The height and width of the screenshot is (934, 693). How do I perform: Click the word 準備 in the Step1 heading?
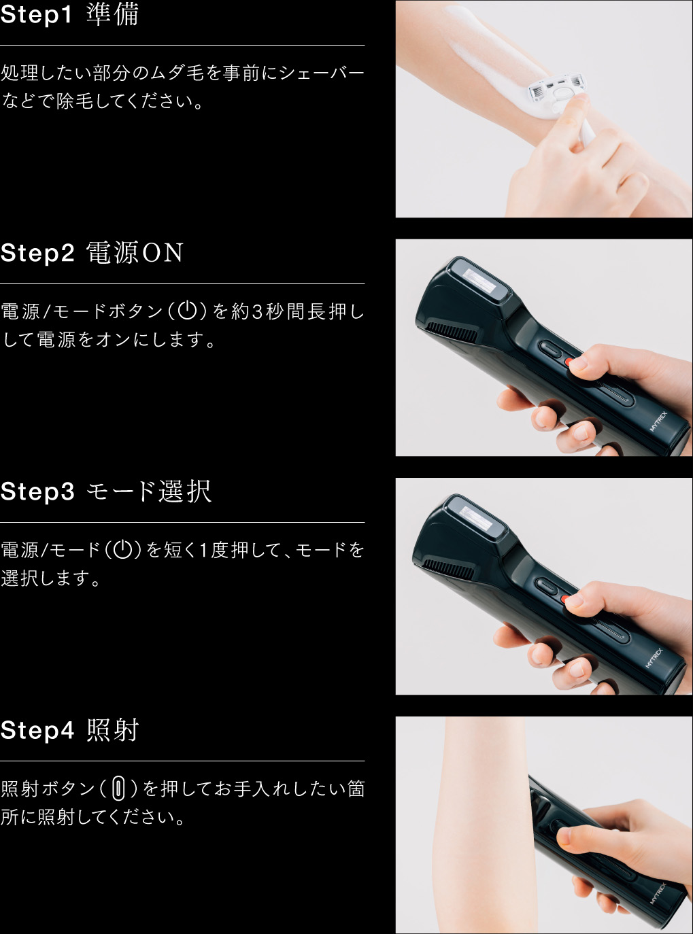tap(112, 14)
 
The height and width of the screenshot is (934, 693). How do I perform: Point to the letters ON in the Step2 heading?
tap(163, 253)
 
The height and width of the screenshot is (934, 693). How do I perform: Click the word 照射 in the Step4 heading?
tap(113, 730)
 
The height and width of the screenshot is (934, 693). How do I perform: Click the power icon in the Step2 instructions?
tap(188, 311)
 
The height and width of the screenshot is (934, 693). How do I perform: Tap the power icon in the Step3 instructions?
tap(123, 550)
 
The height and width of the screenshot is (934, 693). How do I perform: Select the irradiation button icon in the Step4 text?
tap(118, 789)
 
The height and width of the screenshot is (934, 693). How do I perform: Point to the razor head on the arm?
tap(557, 90)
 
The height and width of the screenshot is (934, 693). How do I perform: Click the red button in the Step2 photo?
tap(570, 362)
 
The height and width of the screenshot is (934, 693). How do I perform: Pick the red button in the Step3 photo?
tap(565, 600)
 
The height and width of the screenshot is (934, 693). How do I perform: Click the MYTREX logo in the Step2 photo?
tap(658, 421)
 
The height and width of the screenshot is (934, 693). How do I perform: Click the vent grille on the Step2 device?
tap(452, 332)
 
